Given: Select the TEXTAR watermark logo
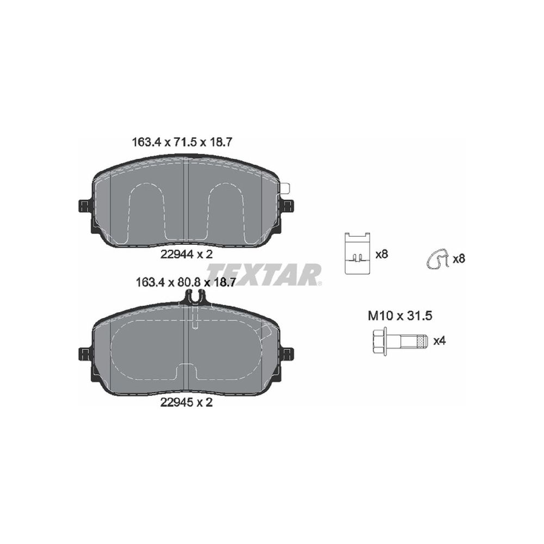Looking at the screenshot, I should pos(264,274).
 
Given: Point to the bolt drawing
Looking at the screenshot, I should pos(400,341).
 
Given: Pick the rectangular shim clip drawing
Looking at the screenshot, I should pos(358,253).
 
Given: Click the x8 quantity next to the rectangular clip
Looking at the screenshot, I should pos(382,254).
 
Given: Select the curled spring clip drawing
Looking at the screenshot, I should pos(436,259).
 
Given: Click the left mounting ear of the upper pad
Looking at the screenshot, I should pos(85,206).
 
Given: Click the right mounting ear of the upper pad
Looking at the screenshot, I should pos(287,206).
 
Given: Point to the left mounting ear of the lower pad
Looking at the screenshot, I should pos(85,354).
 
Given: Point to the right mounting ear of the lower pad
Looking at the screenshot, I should pos(287,354).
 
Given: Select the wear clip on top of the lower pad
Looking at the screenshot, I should pos(195,298).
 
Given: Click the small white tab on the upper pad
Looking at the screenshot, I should pos(285,189).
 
